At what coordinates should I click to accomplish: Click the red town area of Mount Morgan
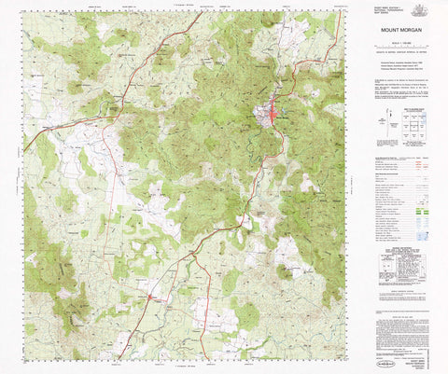tap(272, 115)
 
